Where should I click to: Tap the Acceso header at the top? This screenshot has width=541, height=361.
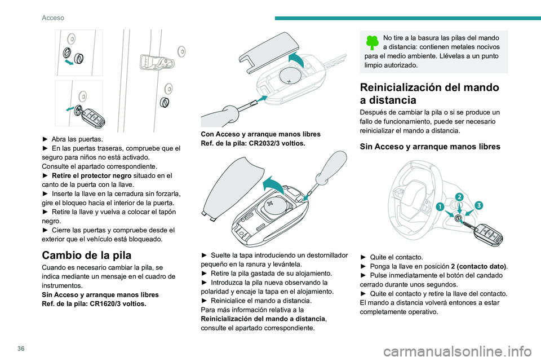click(53, 17)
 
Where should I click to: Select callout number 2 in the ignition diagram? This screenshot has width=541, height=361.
click(459, 197)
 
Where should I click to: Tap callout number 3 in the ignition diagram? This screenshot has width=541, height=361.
click(480, 205)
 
